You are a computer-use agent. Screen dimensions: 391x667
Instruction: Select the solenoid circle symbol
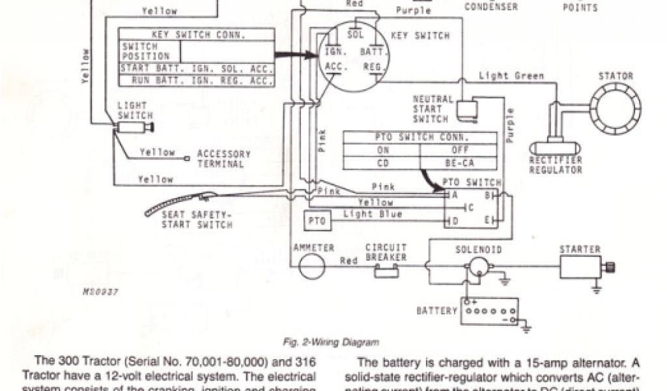481,265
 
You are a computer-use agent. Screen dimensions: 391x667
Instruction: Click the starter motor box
580,267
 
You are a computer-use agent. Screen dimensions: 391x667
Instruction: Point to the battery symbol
489,311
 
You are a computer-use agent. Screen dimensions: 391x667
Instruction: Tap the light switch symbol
135,129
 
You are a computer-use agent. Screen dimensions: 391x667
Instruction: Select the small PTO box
317,222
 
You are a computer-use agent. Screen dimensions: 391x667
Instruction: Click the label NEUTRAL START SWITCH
433,109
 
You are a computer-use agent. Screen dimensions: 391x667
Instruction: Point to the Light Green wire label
511,76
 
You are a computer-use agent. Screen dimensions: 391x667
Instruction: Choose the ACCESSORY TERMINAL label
223,158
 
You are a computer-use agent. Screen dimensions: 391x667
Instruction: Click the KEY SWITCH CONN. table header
195,34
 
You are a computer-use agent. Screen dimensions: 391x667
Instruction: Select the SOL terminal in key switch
355,35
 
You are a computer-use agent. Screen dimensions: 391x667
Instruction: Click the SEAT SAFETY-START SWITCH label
197,220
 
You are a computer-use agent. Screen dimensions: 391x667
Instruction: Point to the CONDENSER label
490,7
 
